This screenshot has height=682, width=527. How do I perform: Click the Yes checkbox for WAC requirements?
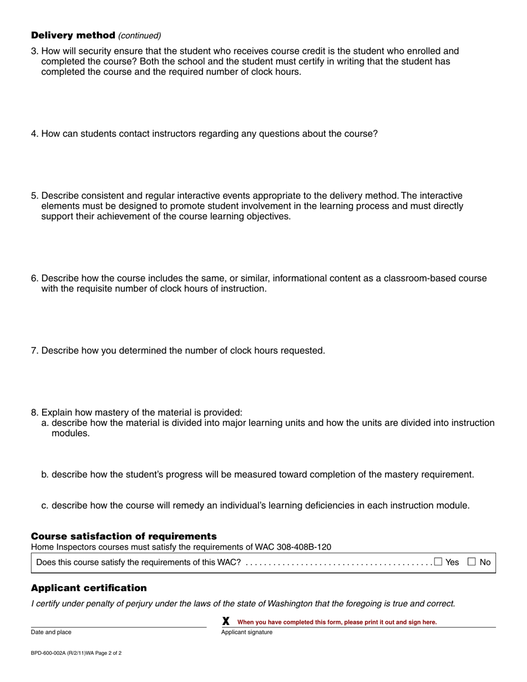coord(438,562)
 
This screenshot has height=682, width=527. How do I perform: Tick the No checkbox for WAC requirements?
coord(472,562)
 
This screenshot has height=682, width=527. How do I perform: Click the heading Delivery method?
coord(73,35)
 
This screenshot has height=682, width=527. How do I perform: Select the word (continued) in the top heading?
coord(140,35)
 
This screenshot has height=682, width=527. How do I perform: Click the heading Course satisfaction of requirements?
coord(124,536)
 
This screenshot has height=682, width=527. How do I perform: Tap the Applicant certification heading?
coord(89,588)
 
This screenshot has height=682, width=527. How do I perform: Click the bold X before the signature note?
coord(226,622)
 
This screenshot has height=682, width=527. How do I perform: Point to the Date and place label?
coord(51,632)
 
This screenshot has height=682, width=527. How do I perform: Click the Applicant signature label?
coord(247,632)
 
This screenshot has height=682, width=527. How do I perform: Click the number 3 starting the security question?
coord(34,51)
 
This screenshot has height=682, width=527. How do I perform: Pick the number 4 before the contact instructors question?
coord(34,134)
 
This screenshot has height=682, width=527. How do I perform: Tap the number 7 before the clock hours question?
coord(34,350)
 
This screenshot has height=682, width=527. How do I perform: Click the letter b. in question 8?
coord(45,475)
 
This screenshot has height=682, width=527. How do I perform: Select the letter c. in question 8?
coord(45,506)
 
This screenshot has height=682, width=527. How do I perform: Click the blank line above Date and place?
coord(118,625)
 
